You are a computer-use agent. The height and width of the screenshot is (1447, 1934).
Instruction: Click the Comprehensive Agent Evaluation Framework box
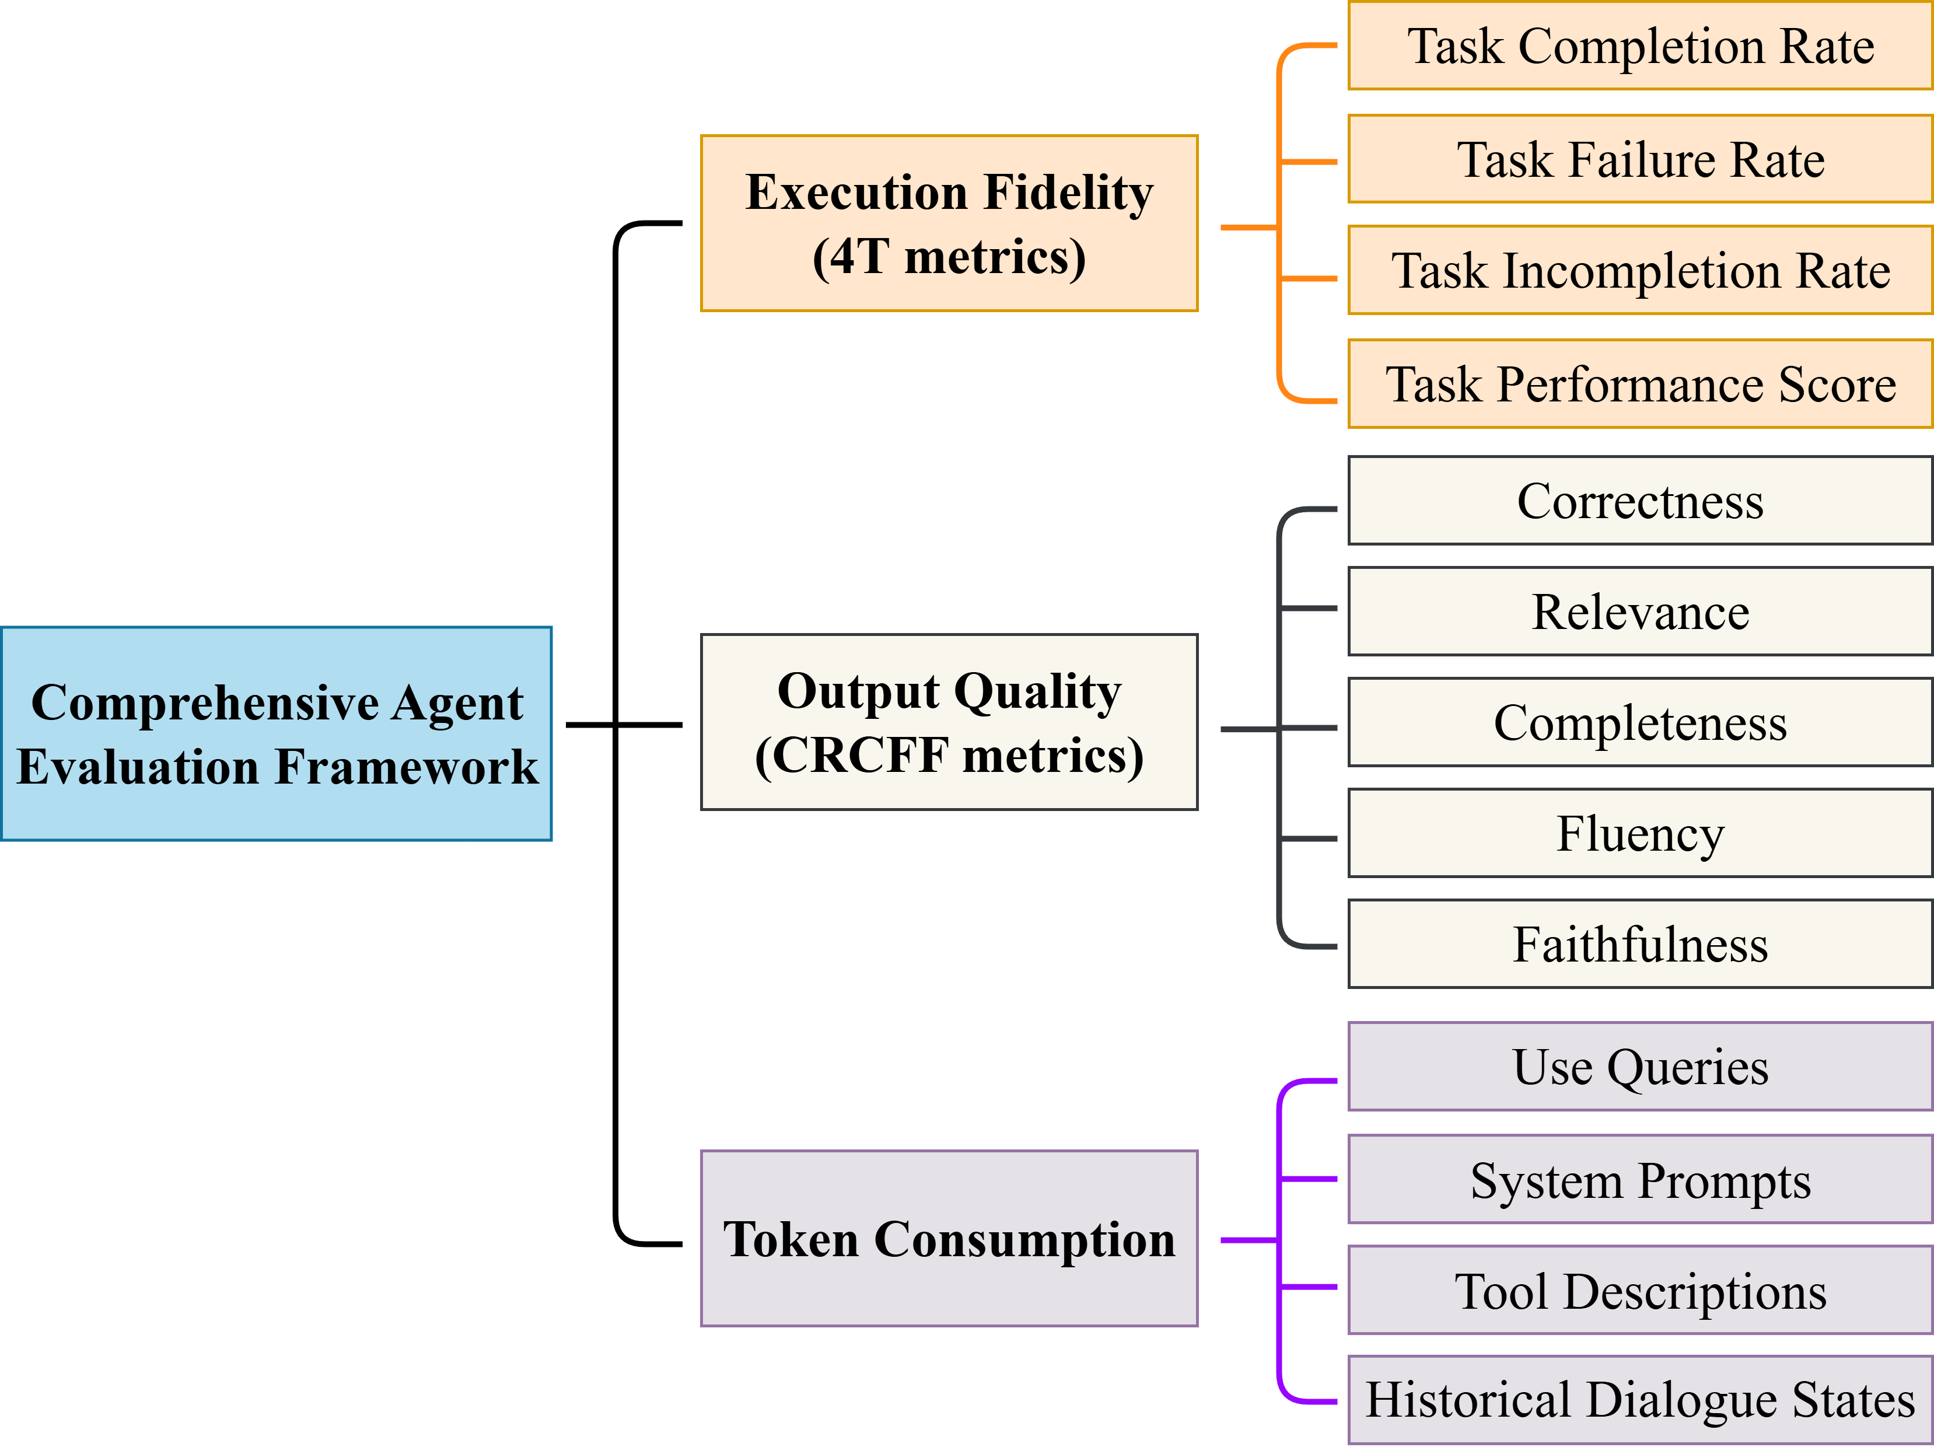tap(277, 733)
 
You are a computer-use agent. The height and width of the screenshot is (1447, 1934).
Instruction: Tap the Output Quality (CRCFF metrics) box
tap(949, 722)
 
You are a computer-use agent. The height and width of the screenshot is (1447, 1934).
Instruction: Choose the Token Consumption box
tap(949, 1238)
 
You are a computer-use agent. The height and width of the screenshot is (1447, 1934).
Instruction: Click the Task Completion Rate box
tap(1640, 46)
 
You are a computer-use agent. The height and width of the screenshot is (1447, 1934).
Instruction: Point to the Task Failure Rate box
tap(1640, 159)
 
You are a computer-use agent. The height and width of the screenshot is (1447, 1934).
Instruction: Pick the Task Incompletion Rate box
tap(1640, 270)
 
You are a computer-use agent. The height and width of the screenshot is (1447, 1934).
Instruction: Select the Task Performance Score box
tap(1640, 384)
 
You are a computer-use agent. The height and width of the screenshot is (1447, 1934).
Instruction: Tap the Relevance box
tap(1640, 611)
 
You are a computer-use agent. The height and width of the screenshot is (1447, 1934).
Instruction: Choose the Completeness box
tap(1640, 722)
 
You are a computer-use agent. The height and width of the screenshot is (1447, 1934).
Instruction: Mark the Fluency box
tap(1640, 833)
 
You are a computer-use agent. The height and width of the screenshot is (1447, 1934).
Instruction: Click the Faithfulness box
tap(1640, 944)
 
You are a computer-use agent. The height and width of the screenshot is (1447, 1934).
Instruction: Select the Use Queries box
tap(1640, 1067)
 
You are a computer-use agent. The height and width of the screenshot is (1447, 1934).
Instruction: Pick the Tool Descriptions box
tap(1640, 1291)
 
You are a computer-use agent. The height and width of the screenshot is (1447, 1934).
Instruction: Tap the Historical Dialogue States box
tap(1640, 1400)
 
